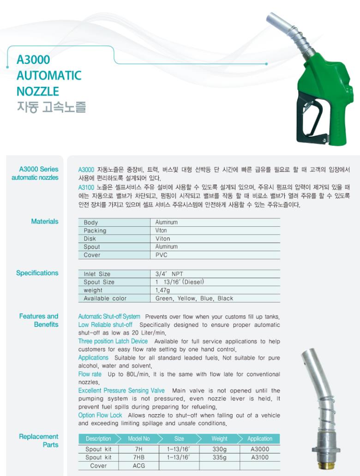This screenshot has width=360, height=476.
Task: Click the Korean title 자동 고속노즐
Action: (51, 107)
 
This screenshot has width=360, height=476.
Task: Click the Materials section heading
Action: (45, 222)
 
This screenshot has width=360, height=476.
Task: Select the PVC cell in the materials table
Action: (161, 255)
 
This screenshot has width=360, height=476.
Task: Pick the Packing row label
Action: (95, 230)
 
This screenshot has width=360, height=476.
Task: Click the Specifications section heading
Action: (37, 273)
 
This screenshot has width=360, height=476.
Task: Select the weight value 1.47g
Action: (163, 290)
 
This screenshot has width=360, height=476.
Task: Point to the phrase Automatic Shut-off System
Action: (109, 317)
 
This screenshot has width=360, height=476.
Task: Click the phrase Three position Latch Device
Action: (113, 341)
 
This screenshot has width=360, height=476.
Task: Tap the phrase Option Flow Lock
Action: (100, 415)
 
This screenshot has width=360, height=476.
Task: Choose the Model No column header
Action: (139, 439)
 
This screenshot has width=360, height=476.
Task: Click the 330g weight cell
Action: (219, 449)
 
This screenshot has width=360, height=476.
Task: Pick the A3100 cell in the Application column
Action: (260, 458)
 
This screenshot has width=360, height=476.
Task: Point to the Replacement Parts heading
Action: (39, 440)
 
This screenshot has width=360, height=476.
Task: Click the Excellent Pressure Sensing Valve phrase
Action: (121, 391)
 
